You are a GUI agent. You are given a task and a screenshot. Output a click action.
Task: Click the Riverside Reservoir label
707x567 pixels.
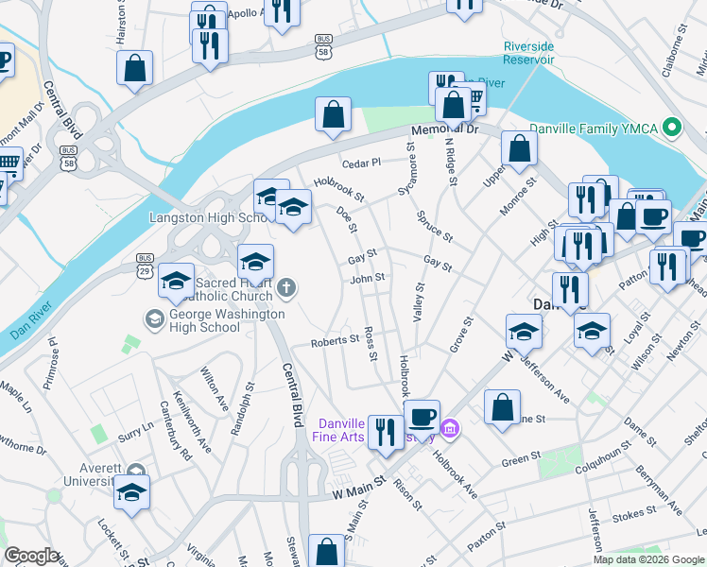coord(528,52)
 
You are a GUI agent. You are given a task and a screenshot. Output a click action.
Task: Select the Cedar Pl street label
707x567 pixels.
coord(360,163)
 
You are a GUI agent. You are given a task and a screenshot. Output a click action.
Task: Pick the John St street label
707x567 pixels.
coord(367,278)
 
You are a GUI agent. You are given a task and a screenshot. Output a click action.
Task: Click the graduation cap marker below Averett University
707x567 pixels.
coord(131,491)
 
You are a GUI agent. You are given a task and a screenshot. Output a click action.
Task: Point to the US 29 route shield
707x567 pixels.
coord(145,259)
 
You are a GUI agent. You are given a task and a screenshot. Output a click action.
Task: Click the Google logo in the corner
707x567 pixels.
coord(31,557)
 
